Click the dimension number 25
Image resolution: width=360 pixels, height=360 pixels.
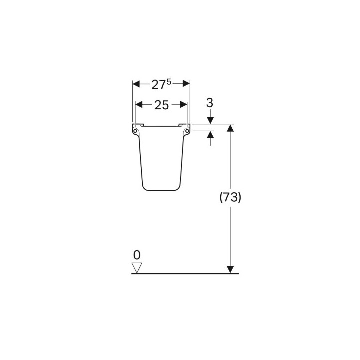click(x=161, y=105)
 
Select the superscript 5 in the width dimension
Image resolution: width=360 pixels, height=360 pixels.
click(x=169, y=81)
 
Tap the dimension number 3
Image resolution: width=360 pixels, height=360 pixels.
click(x=210, y=103)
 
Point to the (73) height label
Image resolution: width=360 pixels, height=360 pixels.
click(x=230, y=197)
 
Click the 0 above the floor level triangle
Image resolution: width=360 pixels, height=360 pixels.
click(x=137, y=254)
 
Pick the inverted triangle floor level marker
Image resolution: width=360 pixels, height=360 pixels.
click(x=137, y=268)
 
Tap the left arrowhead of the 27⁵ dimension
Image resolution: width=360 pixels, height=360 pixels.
click(x=136, y=84)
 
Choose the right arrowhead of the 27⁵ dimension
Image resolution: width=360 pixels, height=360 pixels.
click(x=186, y=84)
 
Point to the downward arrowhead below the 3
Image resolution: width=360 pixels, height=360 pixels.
click(x=210, y=120)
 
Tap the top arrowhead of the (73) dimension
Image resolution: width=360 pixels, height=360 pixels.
click(x=230, y=128)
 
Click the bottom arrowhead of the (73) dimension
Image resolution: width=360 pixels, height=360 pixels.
click(x=230, y=269)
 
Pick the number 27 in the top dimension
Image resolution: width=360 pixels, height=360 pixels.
click(x=159, y=85)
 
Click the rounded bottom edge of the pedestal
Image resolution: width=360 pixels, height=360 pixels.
click(x=161, y=190)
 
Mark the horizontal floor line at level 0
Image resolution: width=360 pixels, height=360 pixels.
click(x=190, y=274)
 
